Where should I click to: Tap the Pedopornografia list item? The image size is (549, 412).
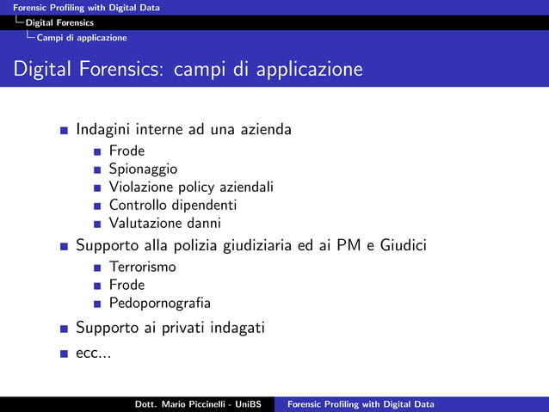[159, 303]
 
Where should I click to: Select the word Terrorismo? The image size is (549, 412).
[142, 267]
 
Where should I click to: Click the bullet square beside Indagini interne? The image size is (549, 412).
[65, 131]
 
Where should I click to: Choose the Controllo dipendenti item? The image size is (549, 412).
[172, 206]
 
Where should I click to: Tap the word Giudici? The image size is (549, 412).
[403, 247]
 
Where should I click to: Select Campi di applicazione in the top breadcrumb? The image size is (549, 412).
[82, 38]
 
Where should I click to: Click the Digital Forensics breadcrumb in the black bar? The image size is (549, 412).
[59, 22]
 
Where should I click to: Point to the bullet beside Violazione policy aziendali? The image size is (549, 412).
[100, 188]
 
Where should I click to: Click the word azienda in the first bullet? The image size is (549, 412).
[265, 130]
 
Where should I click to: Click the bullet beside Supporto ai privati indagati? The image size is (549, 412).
[65, 329]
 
